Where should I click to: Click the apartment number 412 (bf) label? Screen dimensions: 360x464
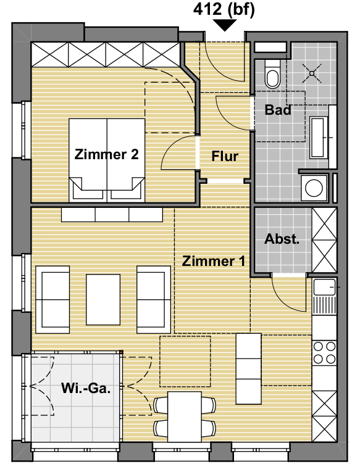pyautogui.click(x=224, y=10)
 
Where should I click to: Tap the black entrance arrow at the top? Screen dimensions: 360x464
pyautogui.click(x=225, y=25)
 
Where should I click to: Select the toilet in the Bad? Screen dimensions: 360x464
pyautogui.click(x=272, y=74)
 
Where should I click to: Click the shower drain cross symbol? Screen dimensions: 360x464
pyautogui.click(x=312, y=73)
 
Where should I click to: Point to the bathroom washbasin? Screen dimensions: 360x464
pyautogui.click(x=318, y=138)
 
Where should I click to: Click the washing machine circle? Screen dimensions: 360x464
pyautogui.click(x=314, y=188)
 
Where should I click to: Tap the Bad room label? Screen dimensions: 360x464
pyautogui.click(x=278, y=110)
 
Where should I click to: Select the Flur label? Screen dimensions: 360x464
pyautogui.click(x=225, y=156)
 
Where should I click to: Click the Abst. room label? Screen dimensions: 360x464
pyautogui.click(x=282, y=239)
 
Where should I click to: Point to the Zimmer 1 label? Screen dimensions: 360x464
pyautogui.click(x=214, y=261)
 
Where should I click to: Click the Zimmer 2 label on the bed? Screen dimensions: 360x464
pyautogui.click(x=107, y=154)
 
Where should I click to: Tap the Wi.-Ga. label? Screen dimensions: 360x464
pyautogui.click(x=86, y=388)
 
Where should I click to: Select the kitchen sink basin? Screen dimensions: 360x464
pyautogui.click(x=324, y=287)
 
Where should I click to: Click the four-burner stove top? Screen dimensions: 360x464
pyautogui.click(x=324, y=352)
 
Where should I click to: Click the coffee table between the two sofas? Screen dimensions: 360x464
pyautogui.click(x=103, y=299)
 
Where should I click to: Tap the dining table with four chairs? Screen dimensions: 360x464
pyautogui.click(x=185, y=416)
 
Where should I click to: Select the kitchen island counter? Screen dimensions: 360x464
pyautogui.click(x=248, y=369)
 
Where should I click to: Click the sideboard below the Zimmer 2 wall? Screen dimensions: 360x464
pyautogui.click(x=112, y=215)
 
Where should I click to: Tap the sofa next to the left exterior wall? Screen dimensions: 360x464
pyautogui.click(x=52, y=299)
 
